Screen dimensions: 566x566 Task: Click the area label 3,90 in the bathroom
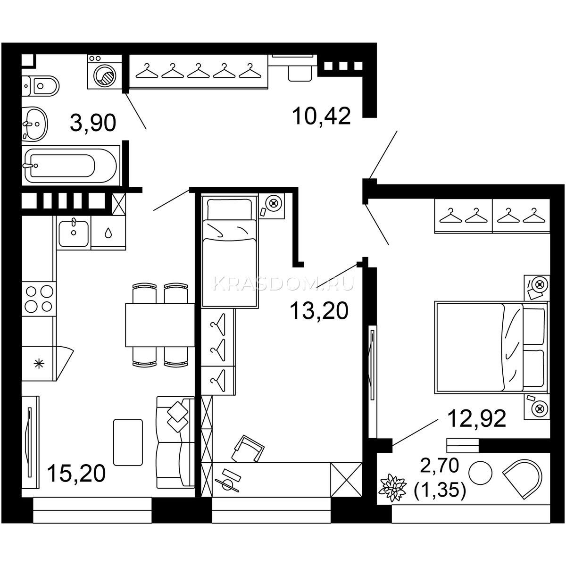[93, 123]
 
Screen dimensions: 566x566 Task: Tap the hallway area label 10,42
[321, 116]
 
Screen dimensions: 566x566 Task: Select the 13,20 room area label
[319, 310]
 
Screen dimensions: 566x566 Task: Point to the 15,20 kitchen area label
[76, 473]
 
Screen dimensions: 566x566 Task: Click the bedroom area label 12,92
[477, 418]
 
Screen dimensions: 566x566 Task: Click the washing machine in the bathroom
[105, 72]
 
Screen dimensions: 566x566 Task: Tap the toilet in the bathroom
[41, 86]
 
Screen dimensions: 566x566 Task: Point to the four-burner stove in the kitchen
[39, 299]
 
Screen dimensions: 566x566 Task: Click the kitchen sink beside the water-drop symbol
[74, 233]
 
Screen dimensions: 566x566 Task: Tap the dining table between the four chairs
[160, 325]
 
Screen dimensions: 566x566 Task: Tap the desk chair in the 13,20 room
[248, 449]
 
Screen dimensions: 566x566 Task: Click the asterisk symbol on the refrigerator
[39, 364]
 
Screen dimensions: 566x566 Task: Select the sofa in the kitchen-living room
[175, 442]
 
